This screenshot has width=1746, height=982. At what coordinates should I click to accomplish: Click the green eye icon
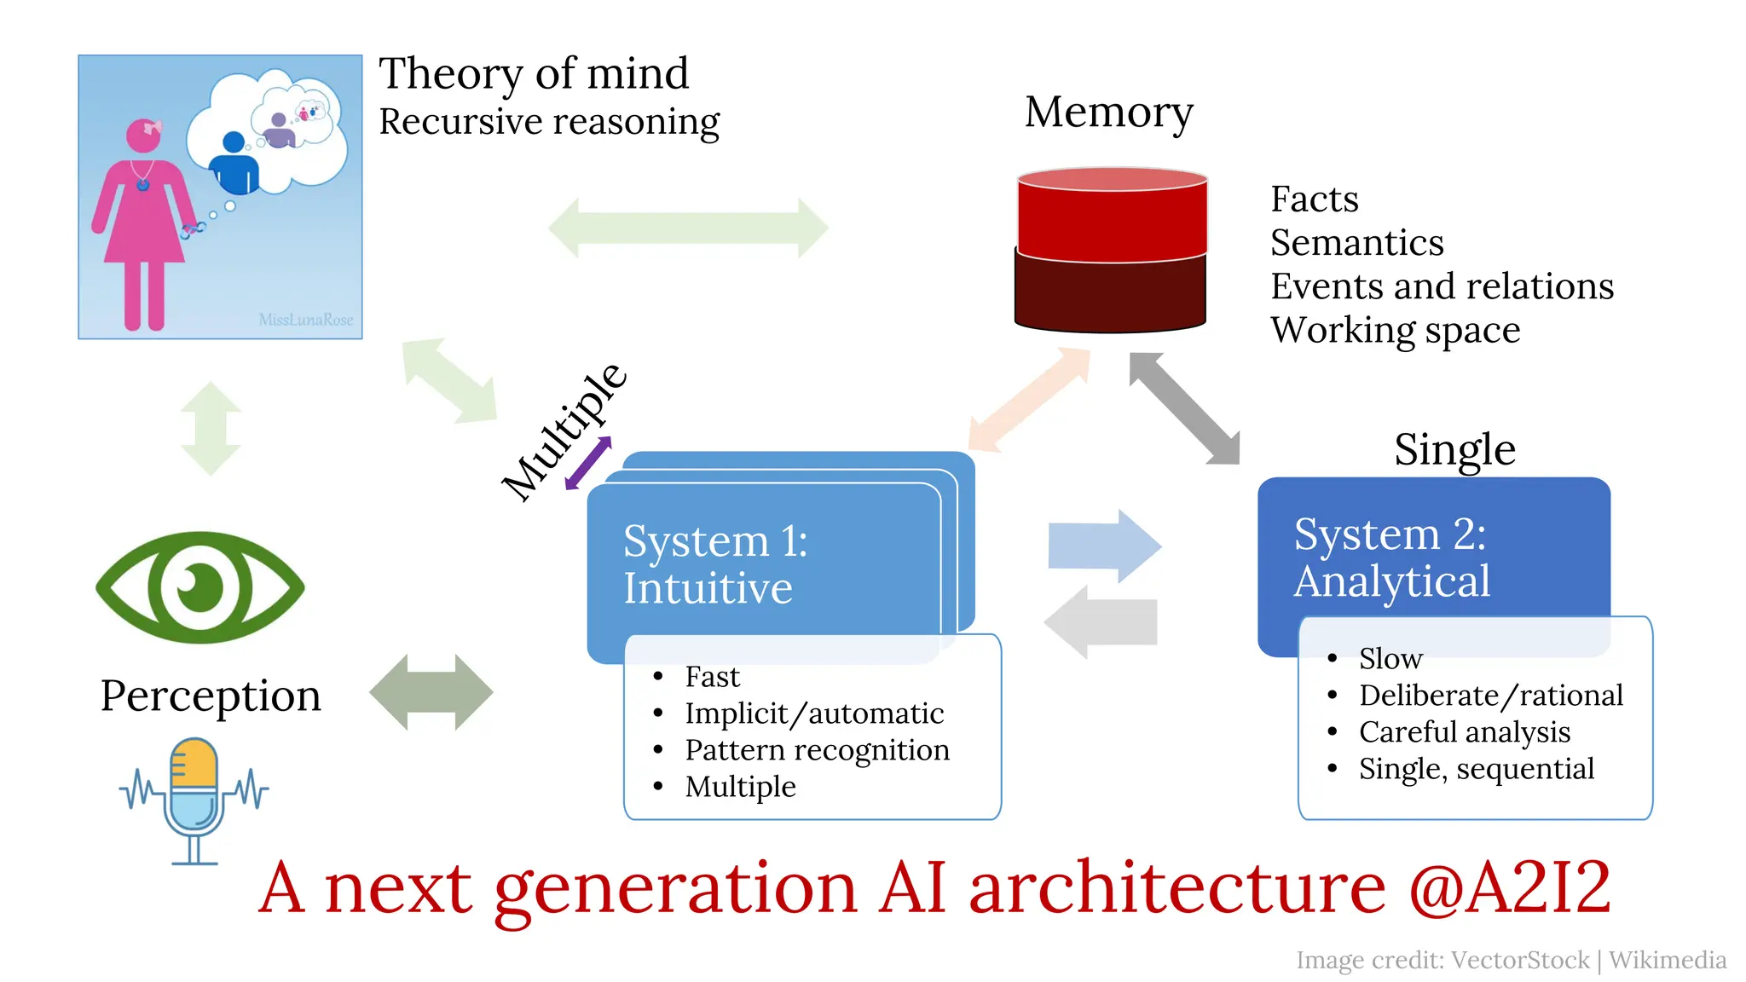point(199,587)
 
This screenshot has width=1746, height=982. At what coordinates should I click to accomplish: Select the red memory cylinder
point(1111,249)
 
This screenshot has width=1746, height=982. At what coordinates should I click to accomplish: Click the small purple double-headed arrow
point(588,463)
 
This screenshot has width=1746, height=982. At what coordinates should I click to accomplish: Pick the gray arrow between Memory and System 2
point(1184,409)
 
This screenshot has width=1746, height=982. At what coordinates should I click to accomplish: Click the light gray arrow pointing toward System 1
point(1101,622)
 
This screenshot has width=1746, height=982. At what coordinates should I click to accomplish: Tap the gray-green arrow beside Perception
point(431,692)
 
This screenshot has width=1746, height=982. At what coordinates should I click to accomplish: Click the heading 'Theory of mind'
point(534,73)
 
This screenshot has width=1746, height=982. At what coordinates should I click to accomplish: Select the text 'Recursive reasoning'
point(549,122)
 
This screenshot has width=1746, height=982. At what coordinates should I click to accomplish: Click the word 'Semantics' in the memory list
point(1356,243)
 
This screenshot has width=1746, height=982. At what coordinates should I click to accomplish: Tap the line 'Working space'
point(1395,330)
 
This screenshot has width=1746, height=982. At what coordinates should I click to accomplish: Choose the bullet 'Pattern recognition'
point(817,750)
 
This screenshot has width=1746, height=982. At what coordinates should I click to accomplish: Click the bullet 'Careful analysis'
point(1464,732)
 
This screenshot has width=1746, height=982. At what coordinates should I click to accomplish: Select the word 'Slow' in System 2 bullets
point(1390,659)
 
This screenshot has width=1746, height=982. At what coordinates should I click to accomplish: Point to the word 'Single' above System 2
point(1454,449)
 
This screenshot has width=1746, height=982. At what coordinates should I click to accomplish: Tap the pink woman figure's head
point(143,136)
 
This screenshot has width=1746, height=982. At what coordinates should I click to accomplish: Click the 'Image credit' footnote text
point(1511,961)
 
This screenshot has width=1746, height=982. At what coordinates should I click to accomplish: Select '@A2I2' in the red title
point(1509,888)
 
